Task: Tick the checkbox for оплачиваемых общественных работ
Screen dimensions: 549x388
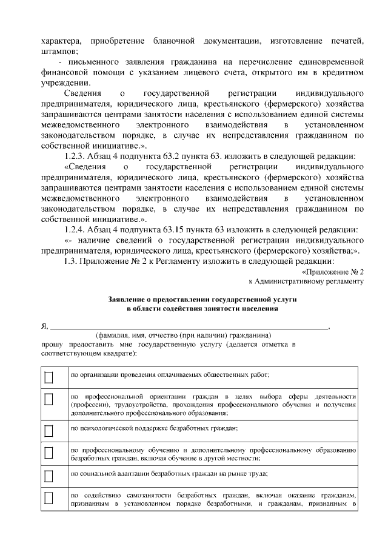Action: point(49,377)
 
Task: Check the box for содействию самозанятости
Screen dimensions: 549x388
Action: point(49,500)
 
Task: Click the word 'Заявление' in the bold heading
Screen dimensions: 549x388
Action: point(129,300)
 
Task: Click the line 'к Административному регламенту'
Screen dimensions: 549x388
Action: point(306,281)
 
